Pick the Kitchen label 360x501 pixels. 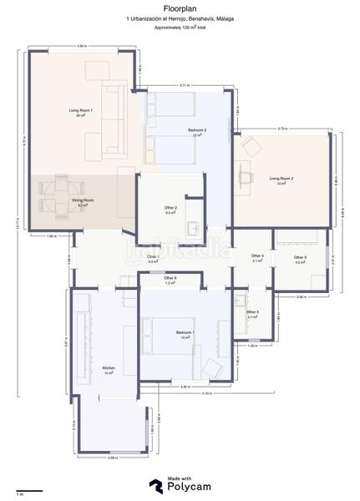pos(108,368)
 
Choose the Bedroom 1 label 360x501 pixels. pos(185,333)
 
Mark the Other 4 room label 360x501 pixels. pos(257,256)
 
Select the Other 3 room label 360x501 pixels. pos(300,257)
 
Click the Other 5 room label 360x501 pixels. pos(252,312)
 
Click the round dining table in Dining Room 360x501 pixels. pos(59,191)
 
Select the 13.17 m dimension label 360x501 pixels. pos(16,222)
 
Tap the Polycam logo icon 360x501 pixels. pos(155,486)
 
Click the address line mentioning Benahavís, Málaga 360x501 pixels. pos(180,18)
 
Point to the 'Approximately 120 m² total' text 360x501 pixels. pos(180,27)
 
